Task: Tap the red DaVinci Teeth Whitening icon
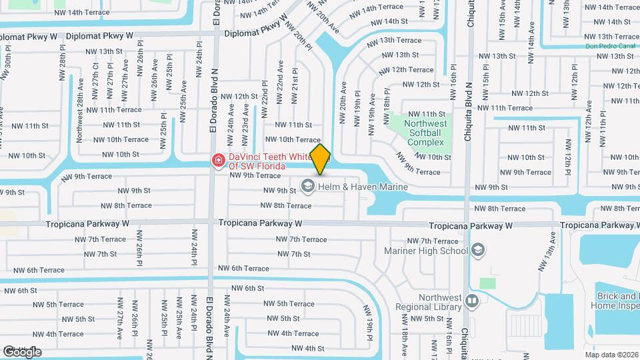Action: pyautogui.click(x=217, y=160)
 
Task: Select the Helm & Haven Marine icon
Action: pyautogui.click(x=308, y=186)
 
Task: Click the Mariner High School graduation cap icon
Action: pyautogui.click(x=477, y=251)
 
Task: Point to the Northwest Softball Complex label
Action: pyautogui.click(x=425, y=133)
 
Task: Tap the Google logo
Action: pyautogui.click(x=21, y=351)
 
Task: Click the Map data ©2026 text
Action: pyautogui.click(x=611, y=355)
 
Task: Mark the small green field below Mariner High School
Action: pyautogui.click(x=488, y=283)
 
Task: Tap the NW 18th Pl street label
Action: pyautogui.click(x=387, y=105)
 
